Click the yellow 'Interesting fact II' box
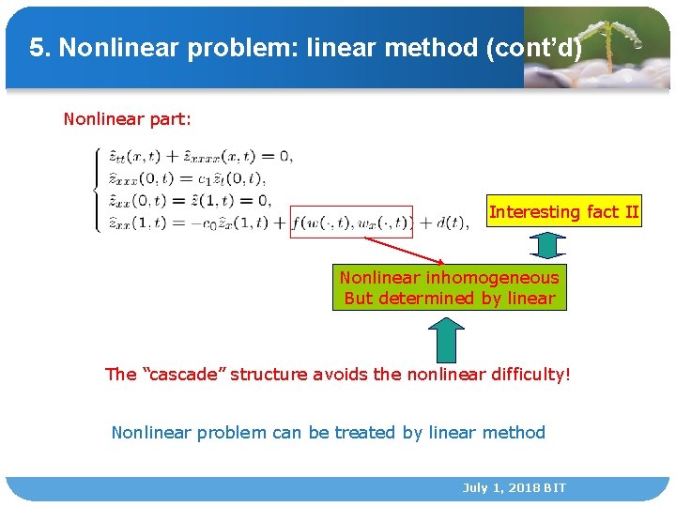pos(563,212)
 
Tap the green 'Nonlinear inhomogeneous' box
pos(449,288)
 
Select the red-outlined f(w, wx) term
pos(351,223)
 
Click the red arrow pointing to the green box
pos(404,251)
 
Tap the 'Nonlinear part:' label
pos(127,119)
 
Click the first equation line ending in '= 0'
pos(200,156)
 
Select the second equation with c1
pos(188,178)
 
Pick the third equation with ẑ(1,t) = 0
pos(190,200)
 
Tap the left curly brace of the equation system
pos(99,190)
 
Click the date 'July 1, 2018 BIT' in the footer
pos(514,488)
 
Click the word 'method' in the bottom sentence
pos(514,433)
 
